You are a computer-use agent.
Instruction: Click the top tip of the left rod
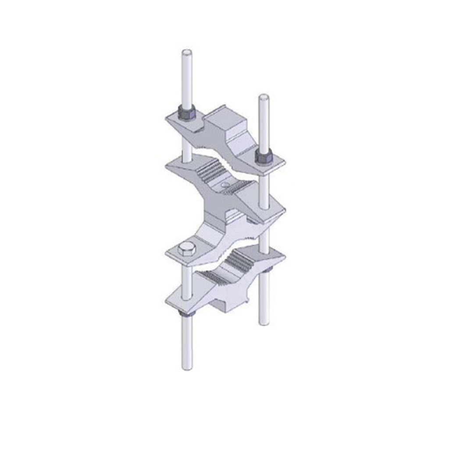(187, 52)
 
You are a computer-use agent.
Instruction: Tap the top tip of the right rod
(263, 97)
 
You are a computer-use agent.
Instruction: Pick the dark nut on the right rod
(263, 156)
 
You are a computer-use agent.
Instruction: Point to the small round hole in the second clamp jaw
(225, 185)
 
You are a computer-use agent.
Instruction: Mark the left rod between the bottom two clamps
(186, 281)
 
